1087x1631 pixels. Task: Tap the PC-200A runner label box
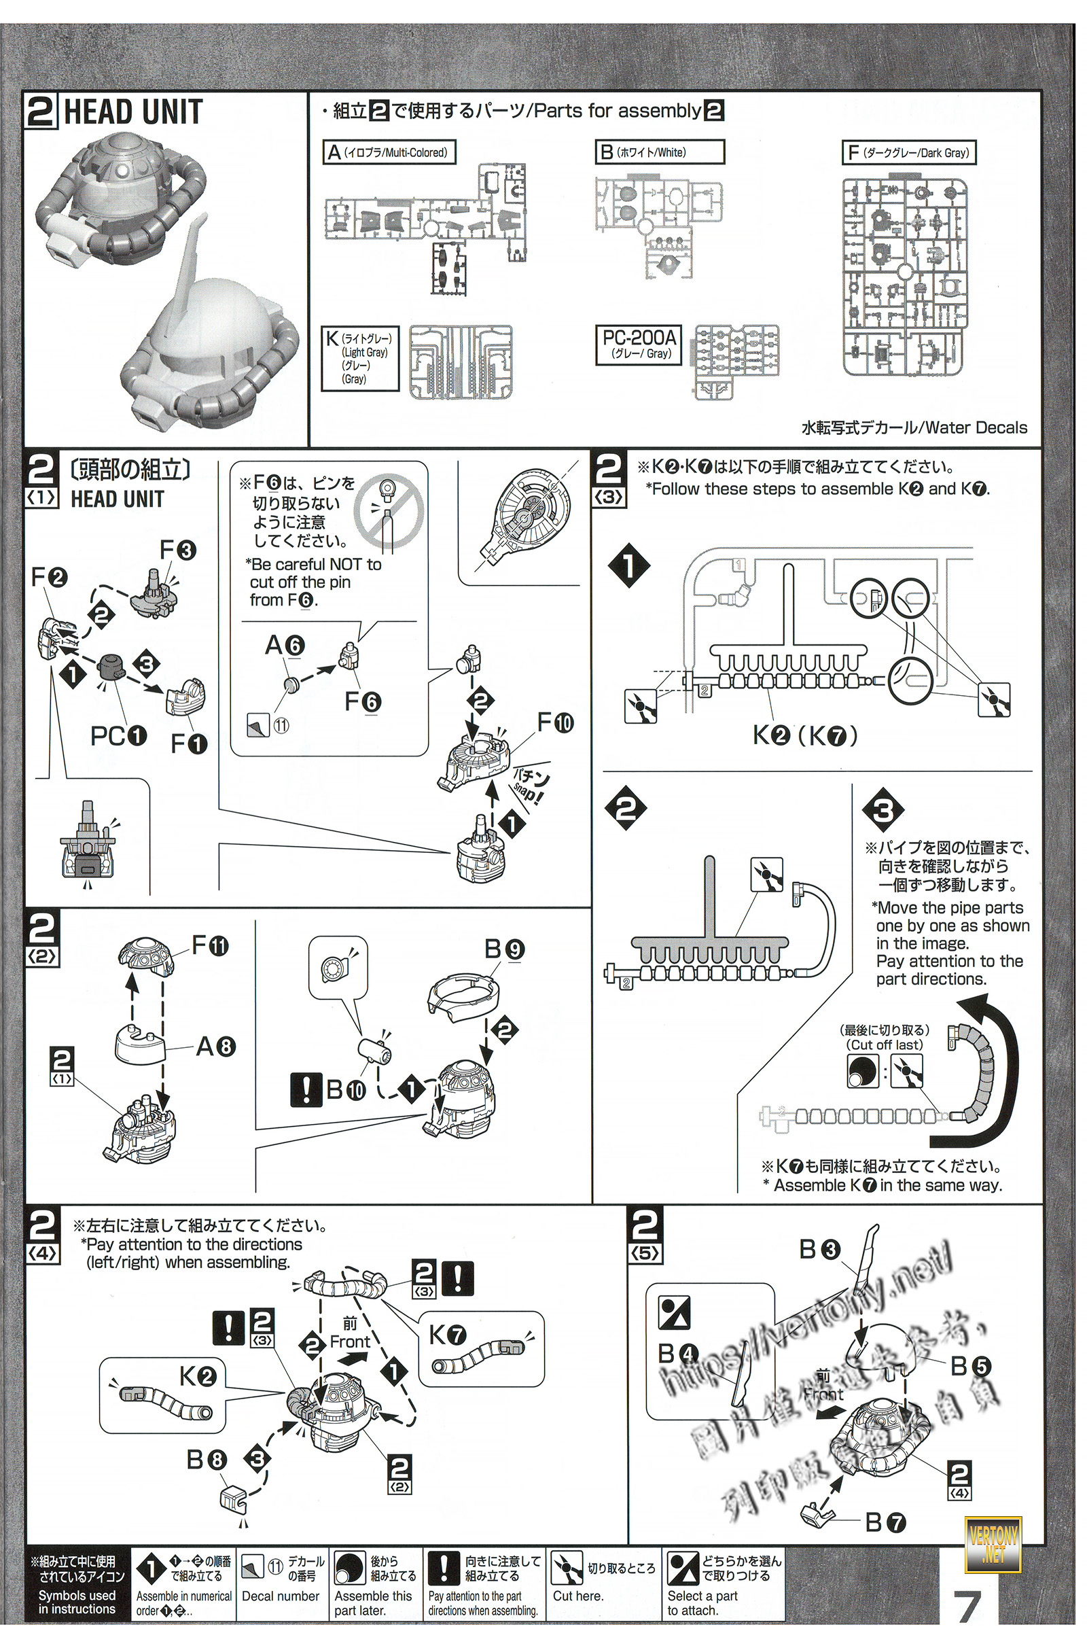pos(639,344)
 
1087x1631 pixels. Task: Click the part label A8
pos(215,1046)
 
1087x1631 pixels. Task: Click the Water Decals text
pos(914,427)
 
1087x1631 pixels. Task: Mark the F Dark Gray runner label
pos(908,152)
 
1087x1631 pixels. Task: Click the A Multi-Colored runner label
pos(389,152)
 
